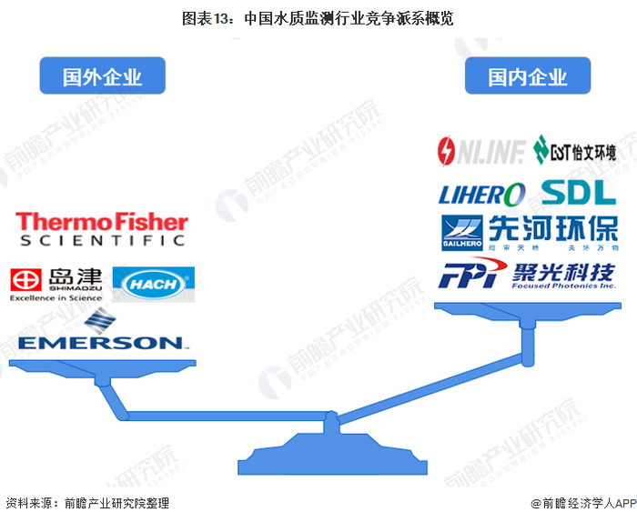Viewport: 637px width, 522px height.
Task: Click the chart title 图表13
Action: (x=318, y=18)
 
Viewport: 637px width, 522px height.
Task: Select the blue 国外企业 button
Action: (x=103, y=75)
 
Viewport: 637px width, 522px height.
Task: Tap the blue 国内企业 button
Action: (x=528, y=75)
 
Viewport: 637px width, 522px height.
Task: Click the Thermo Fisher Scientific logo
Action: (x=101, y=228)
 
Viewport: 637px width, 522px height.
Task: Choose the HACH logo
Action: (x=153, y=284)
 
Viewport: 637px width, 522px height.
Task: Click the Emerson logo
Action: (x=100, y=334)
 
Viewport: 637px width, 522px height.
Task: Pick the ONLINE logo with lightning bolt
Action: (x=480, y=150)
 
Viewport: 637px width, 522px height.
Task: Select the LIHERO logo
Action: (x=482, y=194)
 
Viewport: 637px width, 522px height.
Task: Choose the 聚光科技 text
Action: (x=561, y=269)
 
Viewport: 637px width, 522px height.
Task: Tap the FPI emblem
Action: (x=470, y=273)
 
